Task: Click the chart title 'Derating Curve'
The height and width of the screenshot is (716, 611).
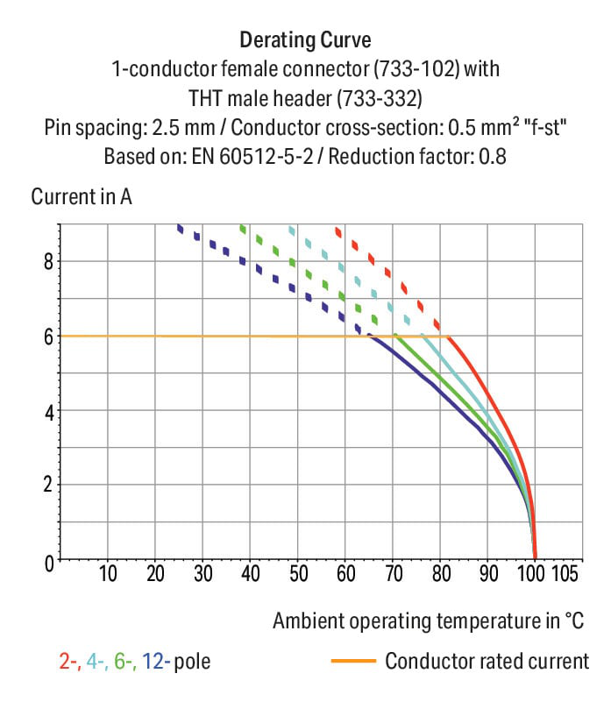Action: [305, 40]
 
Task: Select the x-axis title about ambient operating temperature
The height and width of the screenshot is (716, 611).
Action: [428, 621]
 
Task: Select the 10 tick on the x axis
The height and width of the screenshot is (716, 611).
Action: [108, 575]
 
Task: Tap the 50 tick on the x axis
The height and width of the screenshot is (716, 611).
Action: [297, 575]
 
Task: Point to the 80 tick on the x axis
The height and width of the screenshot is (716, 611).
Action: [440, 575]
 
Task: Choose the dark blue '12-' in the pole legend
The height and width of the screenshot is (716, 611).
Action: [154, 661]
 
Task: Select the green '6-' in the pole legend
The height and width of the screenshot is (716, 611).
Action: [125, 661]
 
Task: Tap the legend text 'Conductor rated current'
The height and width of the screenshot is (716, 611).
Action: [487, 661]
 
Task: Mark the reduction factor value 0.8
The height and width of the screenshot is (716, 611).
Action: [492, 159]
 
